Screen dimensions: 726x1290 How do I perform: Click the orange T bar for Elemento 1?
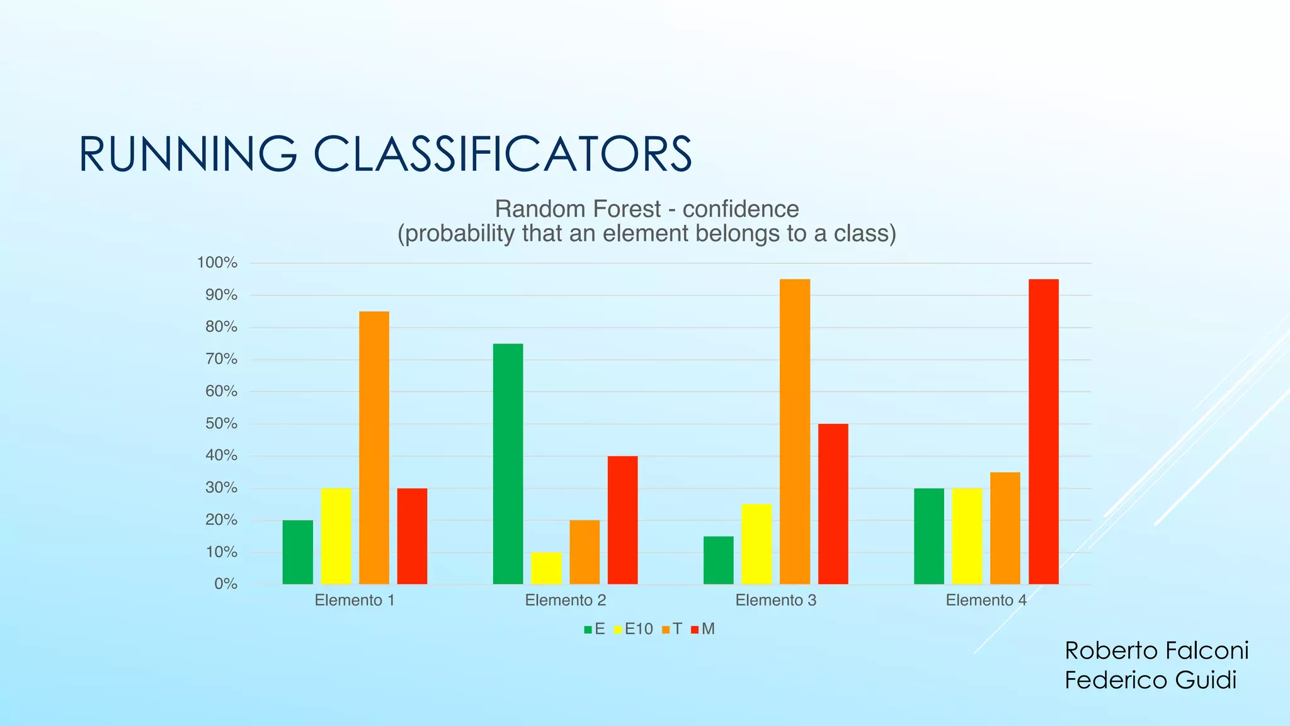point(374,447)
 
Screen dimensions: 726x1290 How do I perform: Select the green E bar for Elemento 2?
point(508,464)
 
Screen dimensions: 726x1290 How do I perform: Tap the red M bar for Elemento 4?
point(1043,432)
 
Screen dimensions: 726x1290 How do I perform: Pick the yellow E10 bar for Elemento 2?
point(546,568)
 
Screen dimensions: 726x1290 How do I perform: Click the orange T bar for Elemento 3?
point(795,432)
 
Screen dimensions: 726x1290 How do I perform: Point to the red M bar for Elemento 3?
point(833,504)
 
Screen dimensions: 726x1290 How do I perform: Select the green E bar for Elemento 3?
point(718,560)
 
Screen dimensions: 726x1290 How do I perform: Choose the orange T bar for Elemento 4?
point(1005,528)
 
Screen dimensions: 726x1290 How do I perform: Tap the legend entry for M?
point(703,629)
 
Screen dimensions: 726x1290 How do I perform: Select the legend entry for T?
point(672,629)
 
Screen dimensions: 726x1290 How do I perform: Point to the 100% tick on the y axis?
point(217,263)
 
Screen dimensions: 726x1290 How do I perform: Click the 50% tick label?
point(221,423)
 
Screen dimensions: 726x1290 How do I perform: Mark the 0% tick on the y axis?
point(225,584)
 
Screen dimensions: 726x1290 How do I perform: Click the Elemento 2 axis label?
point(566,601)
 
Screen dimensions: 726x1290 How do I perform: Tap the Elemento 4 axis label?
point(986,601)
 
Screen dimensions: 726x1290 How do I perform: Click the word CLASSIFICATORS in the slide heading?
point(503,154)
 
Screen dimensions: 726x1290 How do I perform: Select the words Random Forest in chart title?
point(578,209)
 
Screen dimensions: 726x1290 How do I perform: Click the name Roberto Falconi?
point(1156,650)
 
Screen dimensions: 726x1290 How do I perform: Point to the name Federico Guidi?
point(1150,681)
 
